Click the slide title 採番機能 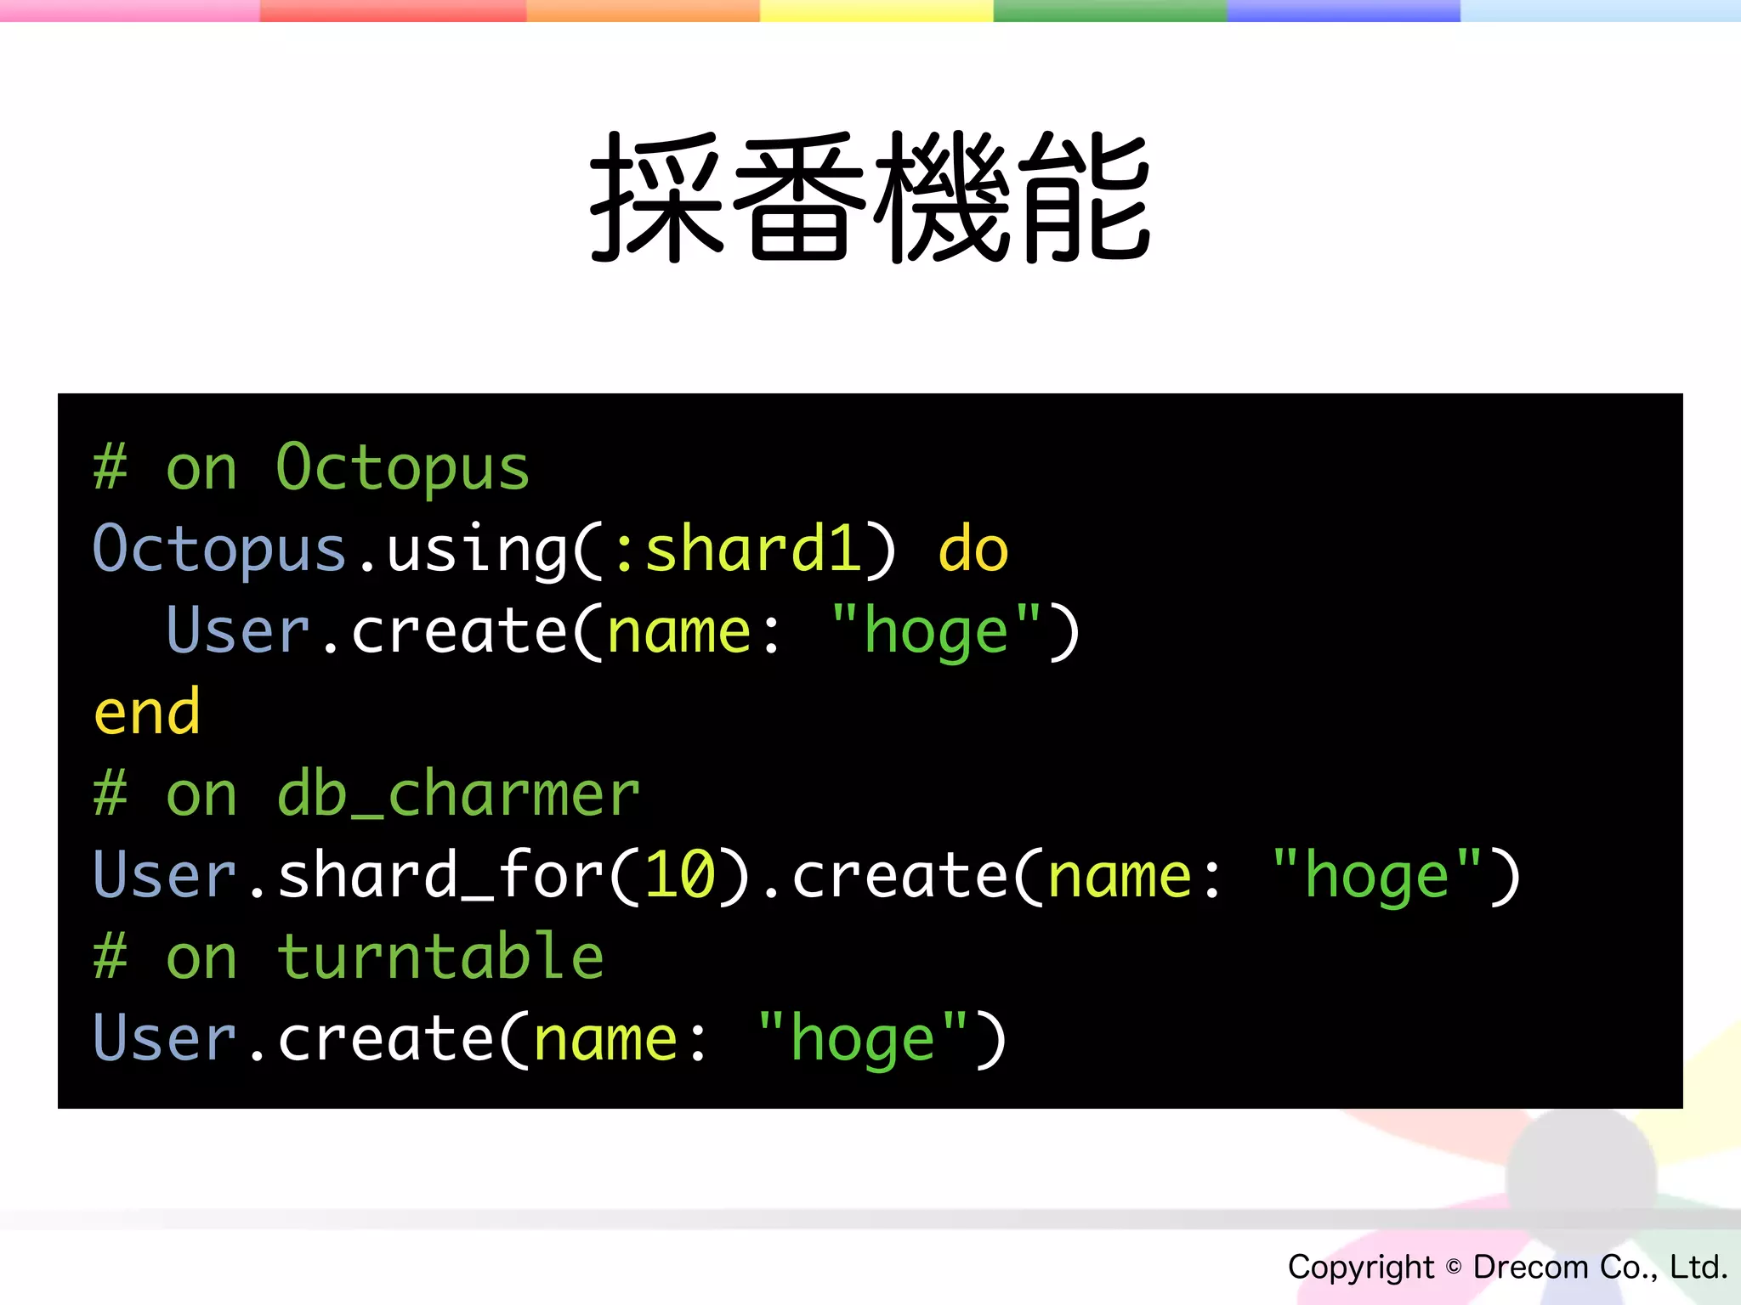pos(870,197)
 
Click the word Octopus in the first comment pos(402,468)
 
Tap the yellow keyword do pos(973,550)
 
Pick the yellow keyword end pos(147,713)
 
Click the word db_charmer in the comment pos(458,794)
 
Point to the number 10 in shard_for pos(680,875)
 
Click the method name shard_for pos(440,875)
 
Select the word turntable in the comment pos(440,958)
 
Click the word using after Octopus pos(476,550)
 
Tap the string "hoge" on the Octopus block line pos(935,631)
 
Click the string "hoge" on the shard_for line pos(1376,875)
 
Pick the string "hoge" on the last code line pos(862,1039)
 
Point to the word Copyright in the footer pos(1360,1267)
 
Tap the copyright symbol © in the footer pos(1454,1267)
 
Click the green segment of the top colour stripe pos(1109,10)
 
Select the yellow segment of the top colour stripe pos(876,10)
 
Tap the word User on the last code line pos(164,1039)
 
